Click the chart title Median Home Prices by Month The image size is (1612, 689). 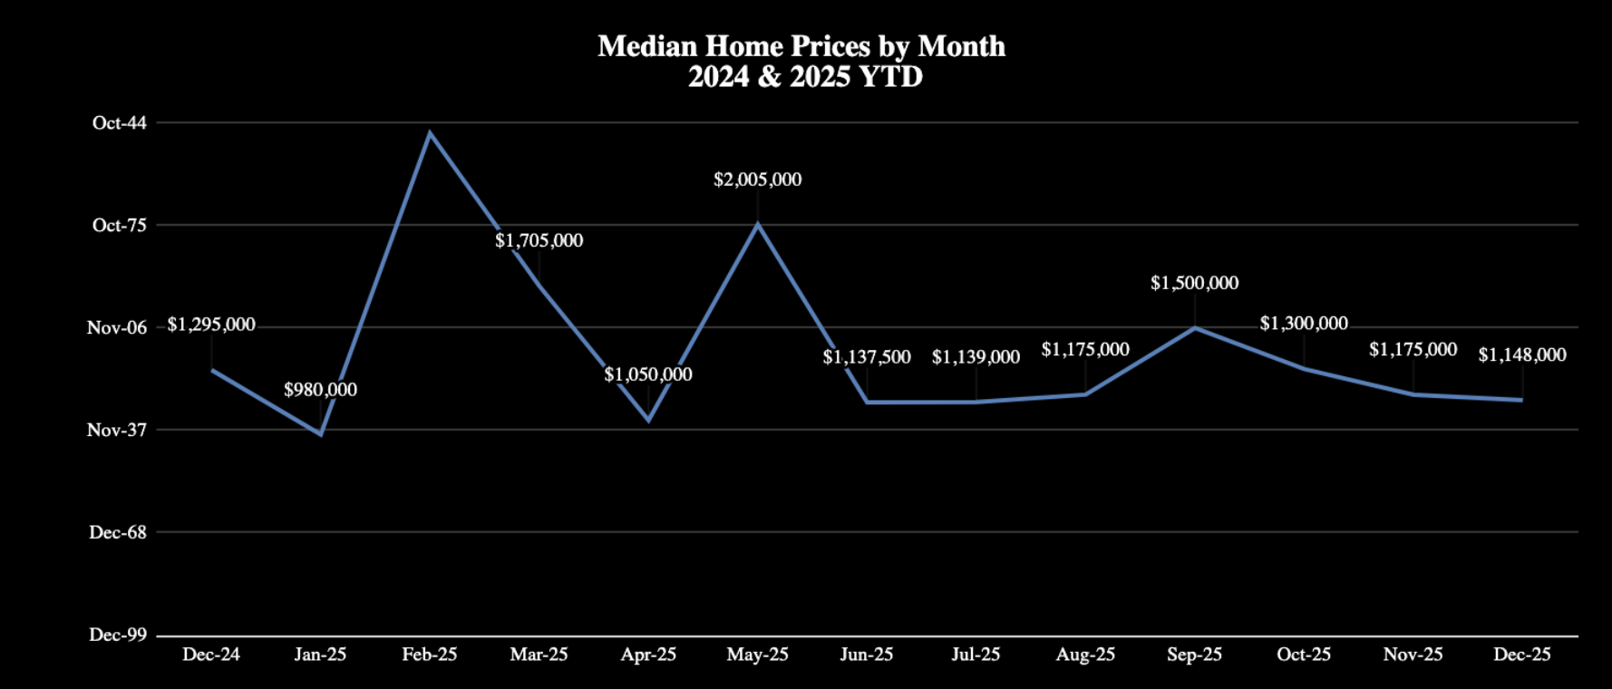[x=801, y=46]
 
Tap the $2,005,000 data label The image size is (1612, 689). [x=757, y=180]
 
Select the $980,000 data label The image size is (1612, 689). [x=320, y=390]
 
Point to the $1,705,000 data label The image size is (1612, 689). [x=539, y=240]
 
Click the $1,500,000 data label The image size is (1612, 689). [x=1194, y=283]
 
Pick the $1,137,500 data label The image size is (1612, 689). [x=867, y=357]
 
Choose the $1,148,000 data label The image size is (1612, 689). [x=1521, y=354]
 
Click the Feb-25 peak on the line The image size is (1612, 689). [x=430, y=133]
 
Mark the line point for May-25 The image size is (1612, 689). [x=758, y=224]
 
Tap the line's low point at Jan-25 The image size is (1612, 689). [x=321, y=434]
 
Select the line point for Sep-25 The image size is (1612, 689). [x=1195, y=327]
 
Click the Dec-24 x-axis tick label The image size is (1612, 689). [x=211, y=655]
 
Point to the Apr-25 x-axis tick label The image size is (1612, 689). [x=648, y=655]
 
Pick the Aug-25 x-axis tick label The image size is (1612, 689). [x=1085, y=655]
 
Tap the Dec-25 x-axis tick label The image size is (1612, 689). [x=1521, y=655]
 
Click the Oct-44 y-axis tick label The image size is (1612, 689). [x=119, y=123]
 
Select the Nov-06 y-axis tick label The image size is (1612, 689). [x=116, y=328]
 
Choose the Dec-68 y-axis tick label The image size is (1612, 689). [x=117, y=533]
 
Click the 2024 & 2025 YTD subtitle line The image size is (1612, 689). [x=805, y=77]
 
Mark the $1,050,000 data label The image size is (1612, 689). [x=648, y=374]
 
